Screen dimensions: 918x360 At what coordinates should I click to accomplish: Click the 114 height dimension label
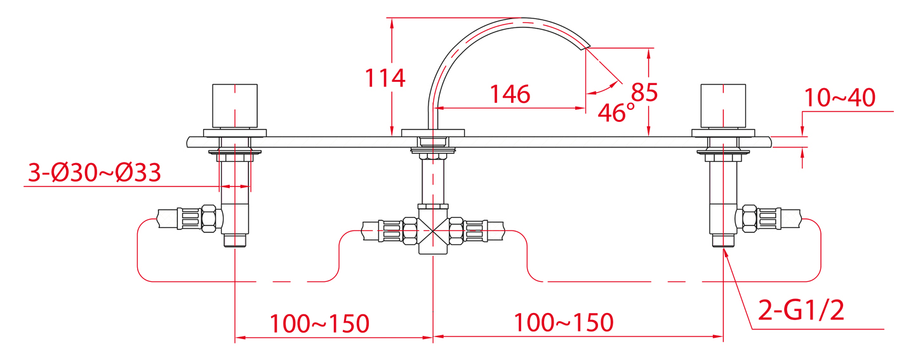385,78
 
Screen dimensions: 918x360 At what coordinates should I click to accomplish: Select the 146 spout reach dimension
510,95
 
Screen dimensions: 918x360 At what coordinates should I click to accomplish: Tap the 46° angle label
616,112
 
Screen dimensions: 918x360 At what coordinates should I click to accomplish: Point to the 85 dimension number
644,92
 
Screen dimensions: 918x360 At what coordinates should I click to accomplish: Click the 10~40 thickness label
840,98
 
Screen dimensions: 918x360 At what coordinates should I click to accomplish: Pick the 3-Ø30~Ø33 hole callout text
94,173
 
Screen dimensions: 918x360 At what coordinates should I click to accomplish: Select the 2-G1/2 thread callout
801,310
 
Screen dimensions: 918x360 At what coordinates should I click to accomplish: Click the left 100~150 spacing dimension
320,324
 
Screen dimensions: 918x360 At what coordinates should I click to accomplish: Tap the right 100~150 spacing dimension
564,323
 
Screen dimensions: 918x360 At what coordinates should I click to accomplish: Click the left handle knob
235,106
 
